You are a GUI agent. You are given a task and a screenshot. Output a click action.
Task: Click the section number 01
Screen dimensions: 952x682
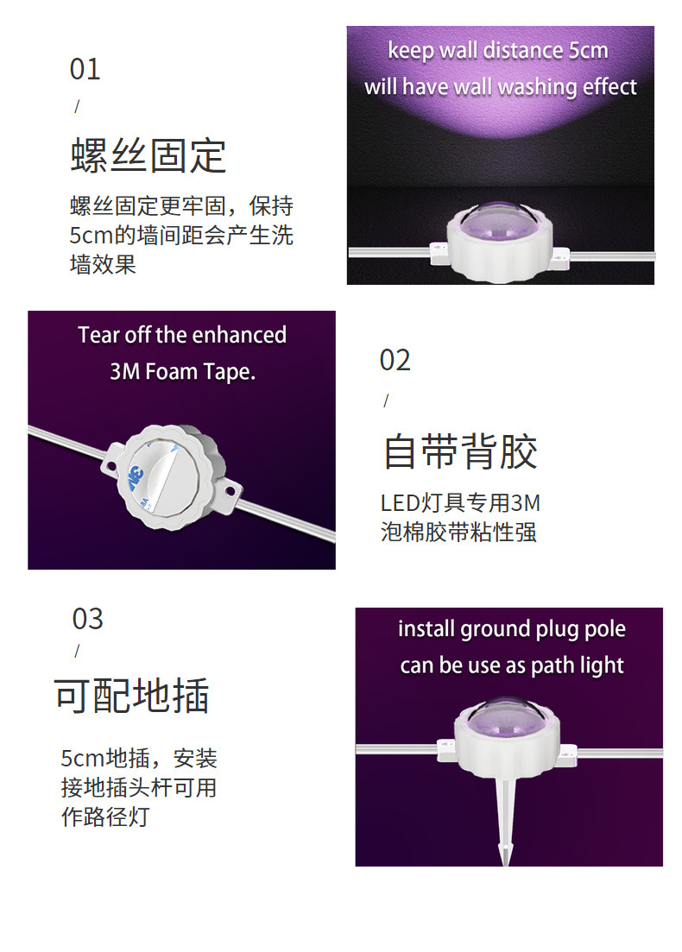click(x=85, y=69)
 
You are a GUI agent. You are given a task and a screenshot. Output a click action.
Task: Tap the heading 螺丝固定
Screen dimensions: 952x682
click(x=148, y=155)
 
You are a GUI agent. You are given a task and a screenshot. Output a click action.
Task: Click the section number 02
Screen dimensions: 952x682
click(x=395, y=360)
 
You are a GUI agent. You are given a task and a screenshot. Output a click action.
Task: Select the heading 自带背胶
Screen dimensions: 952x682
click(x=460, y=451)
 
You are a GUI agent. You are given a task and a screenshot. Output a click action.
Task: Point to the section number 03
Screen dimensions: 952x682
click(x=87, y=619)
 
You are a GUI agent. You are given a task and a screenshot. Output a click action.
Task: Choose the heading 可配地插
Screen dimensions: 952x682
click(x=131, y=696)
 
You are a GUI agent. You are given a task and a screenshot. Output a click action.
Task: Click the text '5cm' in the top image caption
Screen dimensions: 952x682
click(x=588, y=51)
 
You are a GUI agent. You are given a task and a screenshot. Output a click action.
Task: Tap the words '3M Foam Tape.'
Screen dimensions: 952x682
click(x=182, y=372)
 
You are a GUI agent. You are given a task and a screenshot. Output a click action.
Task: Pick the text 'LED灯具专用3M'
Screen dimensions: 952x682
click(x=460, y=502)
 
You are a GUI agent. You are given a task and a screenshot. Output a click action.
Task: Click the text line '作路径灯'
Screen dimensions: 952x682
click(x=104, y=816)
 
